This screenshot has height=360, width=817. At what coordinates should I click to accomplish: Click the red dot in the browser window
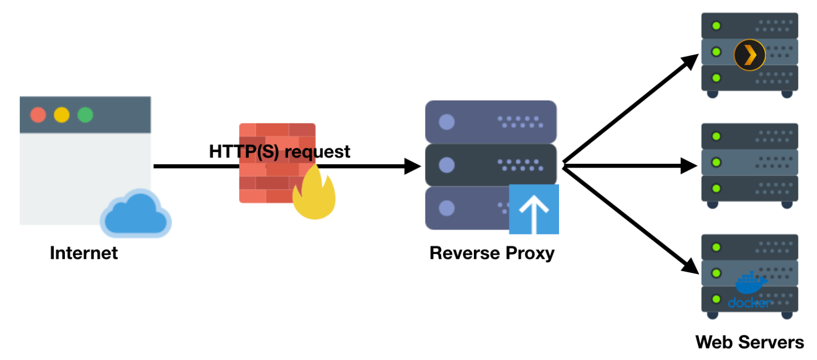click(x=38, y=115)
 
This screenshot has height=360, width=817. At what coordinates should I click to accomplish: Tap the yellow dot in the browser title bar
click(x=62, y=115)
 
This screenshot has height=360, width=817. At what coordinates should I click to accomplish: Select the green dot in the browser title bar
click(x=85, y=115)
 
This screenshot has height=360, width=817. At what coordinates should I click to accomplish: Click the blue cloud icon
click(x=136, y=214)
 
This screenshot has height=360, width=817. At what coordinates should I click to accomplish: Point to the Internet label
click(x=84, y=253)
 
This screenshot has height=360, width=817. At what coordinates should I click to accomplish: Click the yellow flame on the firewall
click(x=314, y=194)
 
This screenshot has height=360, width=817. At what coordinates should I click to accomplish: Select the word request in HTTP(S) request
click(x=318, y=152)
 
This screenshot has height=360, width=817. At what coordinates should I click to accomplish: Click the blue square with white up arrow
click(x=533, y=210)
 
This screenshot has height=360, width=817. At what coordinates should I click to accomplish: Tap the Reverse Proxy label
click(x=491, y=253)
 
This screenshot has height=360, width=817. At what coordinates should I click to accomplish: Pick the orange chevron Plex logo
click(x=749, y=55)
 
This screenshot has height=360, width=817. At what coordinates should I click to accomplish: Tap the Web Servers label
click(x=749, y=342)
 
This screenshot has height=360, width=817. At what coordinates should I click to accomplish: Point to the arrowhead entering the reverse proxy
click(x=413, y=166)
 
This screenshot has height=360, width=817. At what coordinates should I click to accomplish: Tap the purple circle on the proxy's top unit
click(x=446, y=122)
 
